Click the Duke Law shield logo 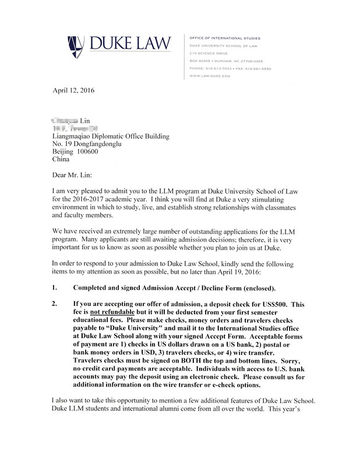(76, 44)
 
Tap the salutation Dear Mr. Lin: (73, 174)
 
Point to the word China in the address (61, 159)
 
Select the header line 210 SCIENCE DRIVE (209, 53)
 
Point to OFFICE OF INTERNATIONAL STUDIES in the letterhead (225, 38)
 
